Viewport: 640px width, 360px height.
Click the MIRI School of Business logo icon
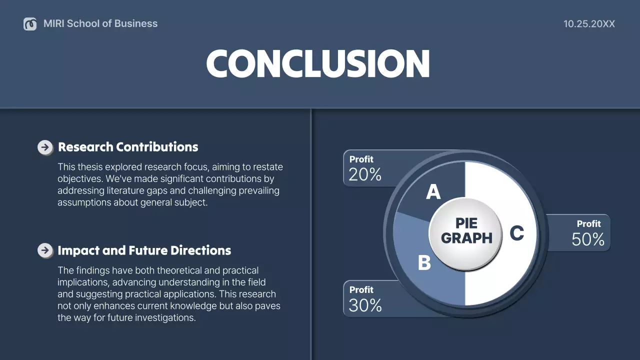pyautogui.click(x=30, y=23)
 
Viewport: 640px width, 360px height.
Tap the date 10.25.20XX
pyautogui.click(x=589, y=24)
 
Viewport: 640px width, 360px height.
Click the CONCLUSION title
pyautogui.click(x=318, y=64)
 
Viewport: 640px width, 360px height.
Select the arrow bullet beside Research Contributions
pyautogui.click(x=45, y=147)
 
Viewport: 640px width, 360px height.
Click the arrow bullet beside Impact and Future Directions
pyautogui.click(x=45, y=250)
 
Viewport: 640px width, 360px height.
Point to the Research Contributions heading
pyautogui.click(x=128, y=147)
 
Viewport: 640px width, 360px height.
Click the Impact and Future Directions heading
pyautogui.click(x=144, y=250)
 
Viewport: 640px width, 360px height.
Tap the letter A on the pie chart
pyautogui.click(x=433, y=192)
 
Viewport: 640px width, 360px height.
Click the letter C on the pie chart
pyautogui.click(x=516, y=233)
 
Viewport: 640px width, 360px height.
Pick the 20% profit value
pyautogui.click(x=365, y=174)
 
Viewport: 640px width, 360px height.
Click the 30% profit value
pyautogui.click(x=365, y=305)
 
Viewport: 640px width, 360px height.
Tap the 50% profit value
pyautogui.click(x=588, y=239)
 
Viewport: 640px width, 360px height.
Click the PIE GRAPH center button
pyautogui.click(x=466, y=230)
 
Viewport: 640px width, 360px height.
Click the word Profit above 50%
pyautogui.click(x=588, y=223)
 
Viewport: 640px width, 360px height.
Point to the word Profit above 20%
pyautogui.click(x=361, y=159)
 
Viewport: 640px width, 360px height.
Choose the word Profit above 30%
pyautogui.click(x=361, y=289)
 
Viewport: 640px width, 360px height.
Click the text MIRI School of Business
pyautogui.click(x=100, y=23)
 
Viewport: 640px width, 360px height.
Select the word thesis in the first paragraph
pyautogui.click(x=91, y=167)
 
